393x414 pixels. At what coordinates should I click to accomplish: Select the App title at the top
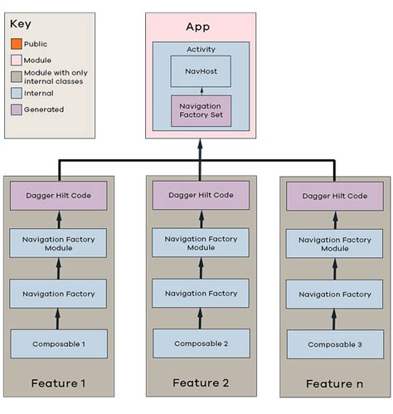[199, 27]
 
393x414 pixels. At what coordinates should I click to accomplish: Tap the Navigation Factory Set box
[199, 110]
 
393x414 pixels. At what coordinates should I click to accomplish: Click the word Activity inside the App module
[200, 50]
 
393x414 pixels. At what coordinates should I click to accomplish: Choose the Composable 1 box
[59, 343]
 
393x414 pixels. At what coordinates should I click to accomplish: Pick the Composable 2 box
[199, 342]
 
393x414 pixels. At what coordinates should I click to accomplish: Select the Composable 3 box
[335, 343]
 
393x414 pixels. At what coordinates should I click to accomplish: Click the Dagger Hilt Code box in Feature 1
[59, 196]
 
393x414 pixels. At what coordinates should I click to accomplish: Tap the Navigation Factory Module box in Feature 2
[199, 243]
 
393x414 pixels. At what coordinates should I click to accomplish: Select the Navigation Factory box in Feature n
[335, 294]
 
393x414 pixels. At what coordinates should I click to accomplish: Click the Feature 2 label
[199, 382]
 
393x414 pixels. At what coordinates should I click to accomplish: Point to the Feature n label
[334, 383]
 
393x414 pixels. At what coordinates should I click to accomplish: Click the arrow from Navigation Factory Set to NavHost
[199, 92]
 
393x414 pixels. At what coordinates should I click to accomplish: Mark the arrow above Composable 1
[59, 318]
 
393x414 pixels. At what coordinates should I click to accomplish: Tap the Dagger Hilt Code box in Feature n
[335, 197]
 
